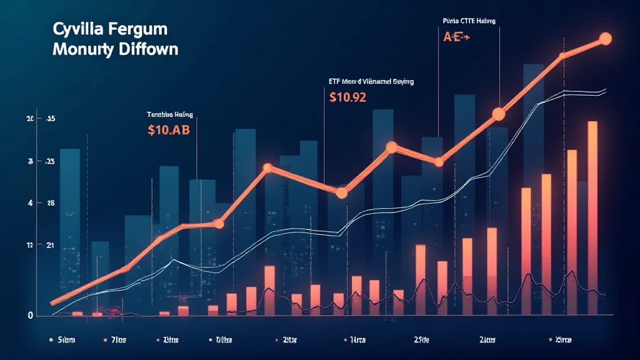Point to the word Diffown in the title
[149, 49]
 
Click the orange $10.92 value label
[347, 97]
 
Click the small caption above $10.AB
[170, 114]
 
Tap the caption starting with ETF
[371, 81]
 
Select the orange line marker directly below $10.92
[341, 193]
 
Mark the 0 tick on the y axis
[30, 316]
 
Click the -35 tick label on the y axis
[50, 119]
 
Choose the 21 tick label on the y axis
[50, 246]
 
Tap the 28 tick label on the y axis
[50, 203]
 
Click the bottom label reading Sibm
[65, 340]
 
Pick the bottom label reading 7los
[117, 340]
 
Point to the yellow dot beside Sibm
[49, 340]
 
